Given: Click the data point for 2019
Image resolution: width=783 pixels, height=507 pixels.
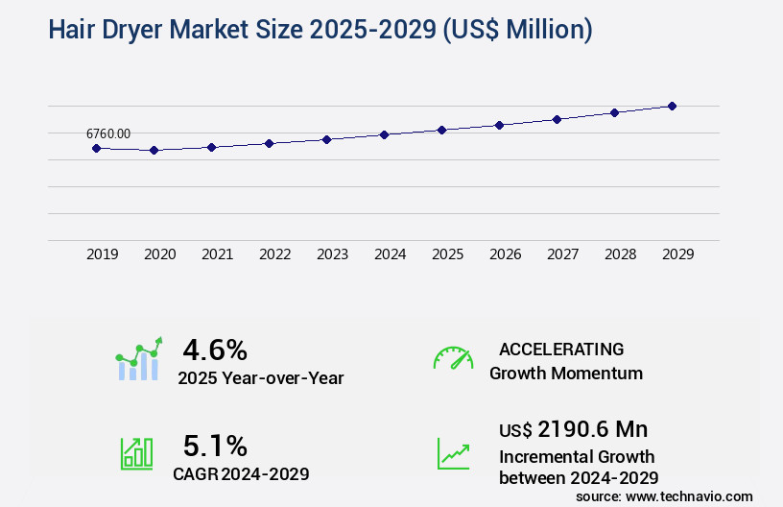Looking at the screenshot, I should click(x=96, y=148).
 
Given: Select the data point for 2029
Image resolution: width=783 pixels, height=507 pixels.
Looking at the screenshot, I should click(x=673, y=106).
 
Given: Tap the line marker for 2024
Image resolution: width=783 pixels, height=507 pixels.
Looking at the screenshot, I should click(x=384, y=134).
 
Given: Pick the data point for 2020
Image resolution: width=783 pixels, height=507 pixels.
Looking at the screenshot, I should click(x=154, y=150).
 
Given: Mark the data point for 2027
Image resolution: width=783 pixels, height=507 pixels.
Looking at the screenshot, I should click(x=558, y=119).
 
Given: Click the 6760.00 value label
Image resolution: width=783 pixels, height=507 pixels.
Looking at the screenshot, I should click(x=108, y=133).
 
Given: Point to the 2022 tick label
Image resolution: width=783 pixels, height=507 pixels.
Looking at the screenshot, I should click(x=274, y=254).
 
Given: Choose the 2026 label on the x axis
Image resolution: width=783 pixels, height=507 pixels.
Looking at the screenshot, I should click(x=505, y=254).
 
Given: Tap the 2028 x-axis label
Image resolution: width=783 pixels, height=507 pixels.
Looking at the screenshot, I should click(x=620, y=254).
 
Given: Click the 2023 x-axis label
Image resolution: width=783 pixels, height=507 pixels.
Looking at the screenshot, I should click(x=332, y=254).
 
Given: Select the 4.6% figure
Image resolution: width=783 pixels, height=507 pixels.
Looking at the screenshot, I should click(x=215, y=350).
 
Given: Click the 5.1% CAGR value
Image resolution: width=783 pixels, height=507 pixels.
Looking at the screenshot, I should click(x=215, y=446).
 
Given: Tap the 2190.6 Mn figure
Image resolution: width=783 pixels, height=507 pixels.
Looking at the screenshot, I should click(x=592, y=429).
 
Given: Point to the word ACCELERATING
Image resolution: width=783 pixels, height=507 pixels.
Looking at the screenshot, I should click(x=561, y=350).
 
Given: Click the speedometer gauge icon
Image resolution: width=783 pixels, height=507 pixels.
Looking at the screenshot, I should click(x=453, y=358).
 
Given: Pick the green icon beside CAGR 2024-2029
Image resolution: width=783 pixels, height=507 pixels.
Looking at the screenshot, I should click(x=136, y=454).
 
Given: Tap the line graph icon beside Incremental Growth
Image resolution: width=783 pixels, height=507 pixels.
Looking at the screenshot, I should click(x=453, y=454).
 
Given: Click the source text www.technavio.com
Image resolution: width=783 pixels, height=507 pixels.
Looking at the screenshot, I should click(x=664, y=495).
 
